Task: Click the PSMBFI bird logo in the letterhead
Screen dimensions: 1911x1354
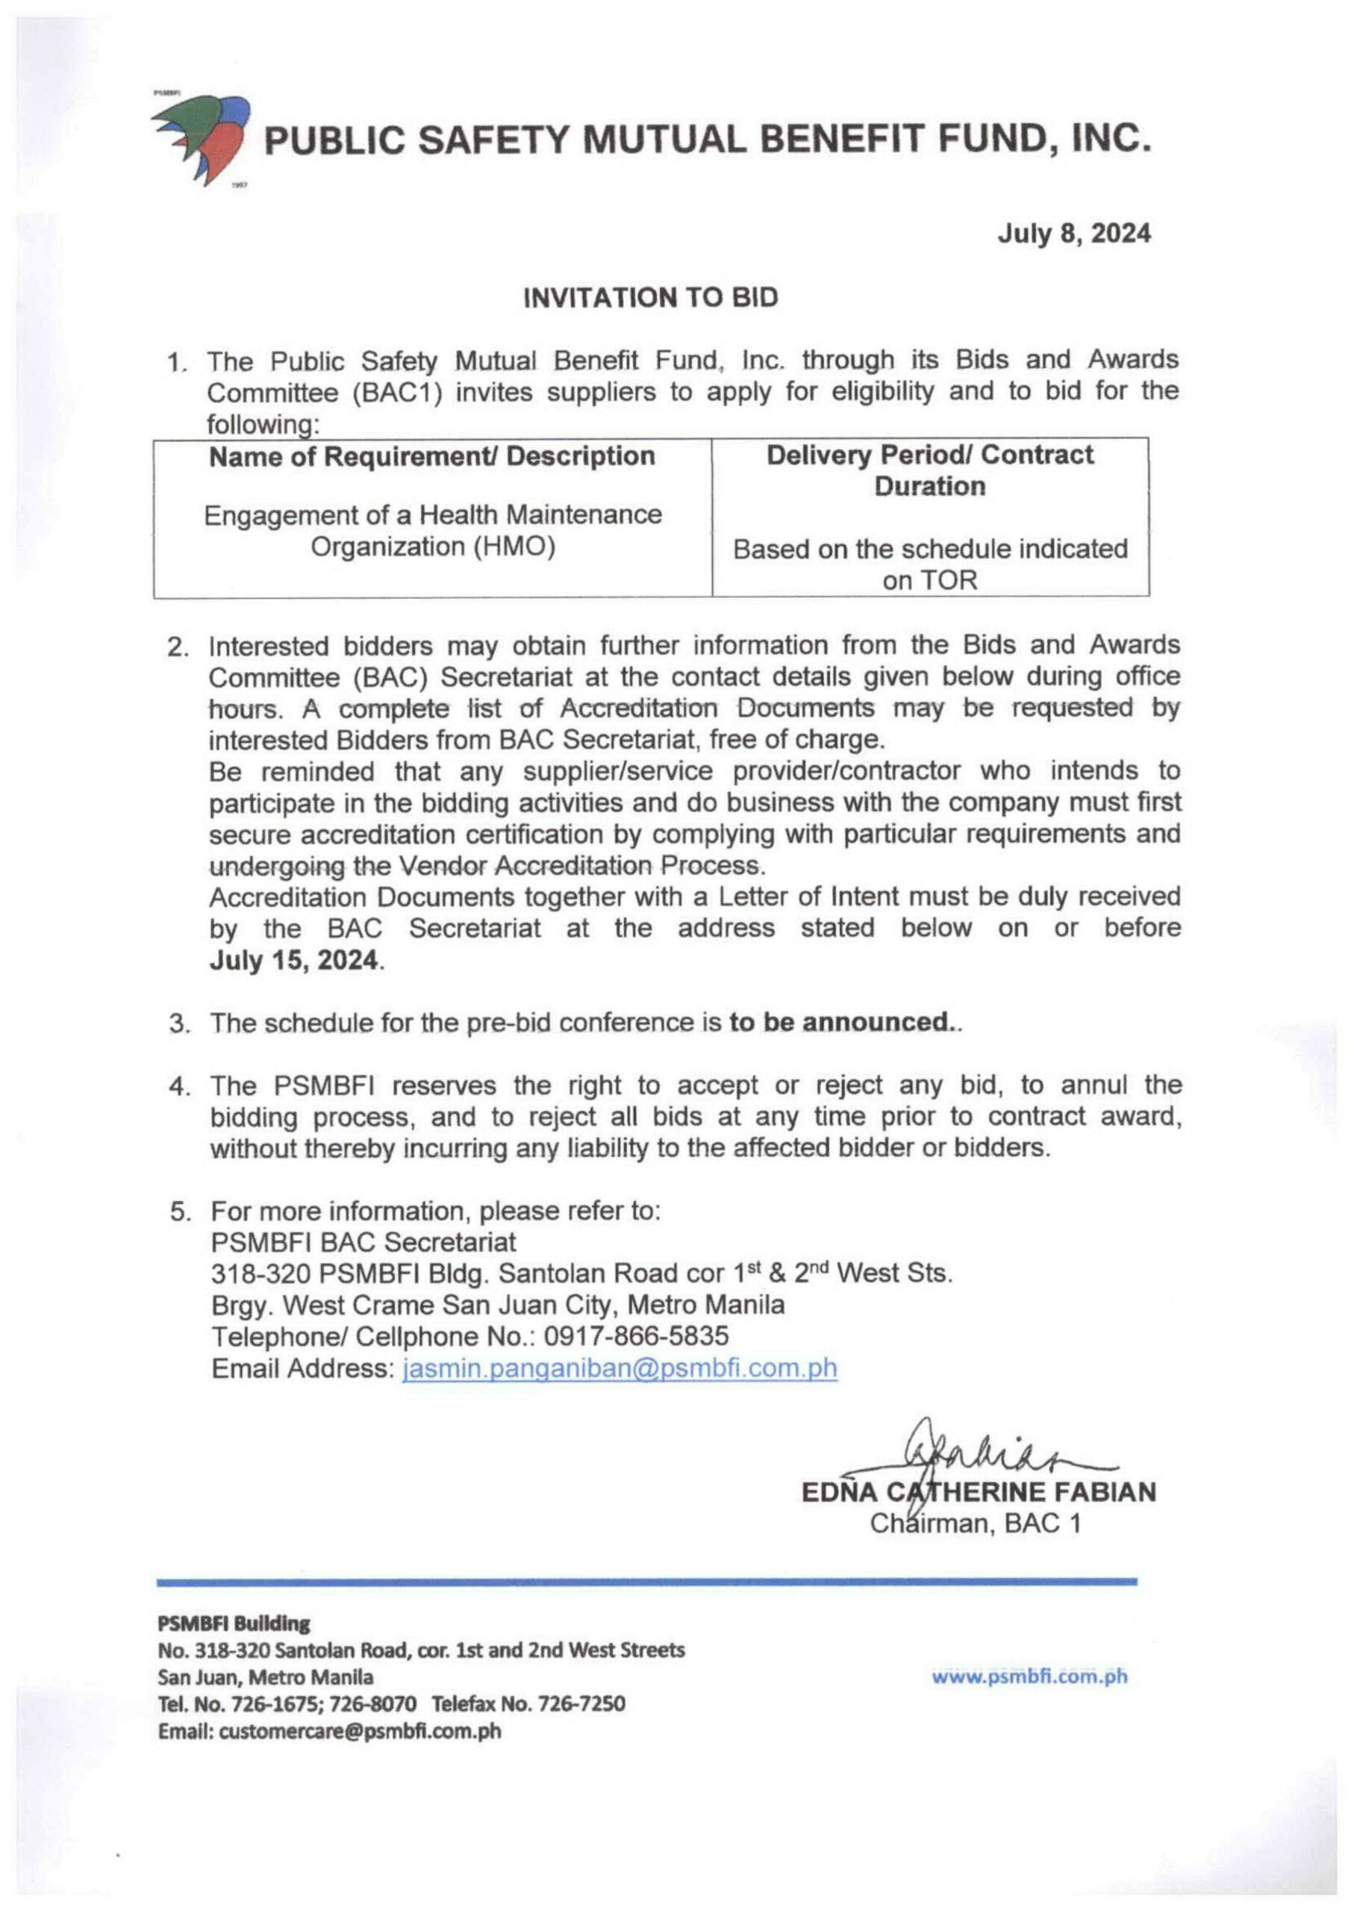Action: [202, 138]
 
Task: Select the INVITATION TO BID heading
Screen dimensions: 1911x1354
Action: [650, 298]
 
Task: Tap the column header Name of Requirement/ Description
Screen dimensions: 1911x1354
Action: [432, 457]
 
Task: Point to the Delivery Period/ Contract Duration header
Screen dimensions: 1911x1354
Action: [929, 470]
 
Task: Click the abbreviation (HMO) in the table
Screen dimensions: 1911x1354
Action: [514, 547]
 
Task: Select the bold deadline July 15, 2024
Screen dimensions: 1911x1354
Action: [293, 961]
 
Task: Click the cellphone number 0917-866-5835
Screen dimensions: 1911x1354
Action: [636, 1336]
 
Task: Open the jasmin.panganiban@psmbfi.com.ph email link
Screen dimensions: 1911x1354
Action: [620, 1368]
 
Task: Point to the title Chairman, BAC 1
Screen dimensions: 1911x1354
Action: [976, 1524]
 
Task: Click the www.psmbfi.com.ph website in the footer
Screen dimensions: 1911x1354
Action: [1029, 1677]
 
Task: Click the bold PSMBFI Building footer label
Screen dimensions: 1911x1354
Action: [234, 1624]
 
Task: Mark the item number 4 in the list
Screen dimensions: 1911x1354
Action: [178, 1087]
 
